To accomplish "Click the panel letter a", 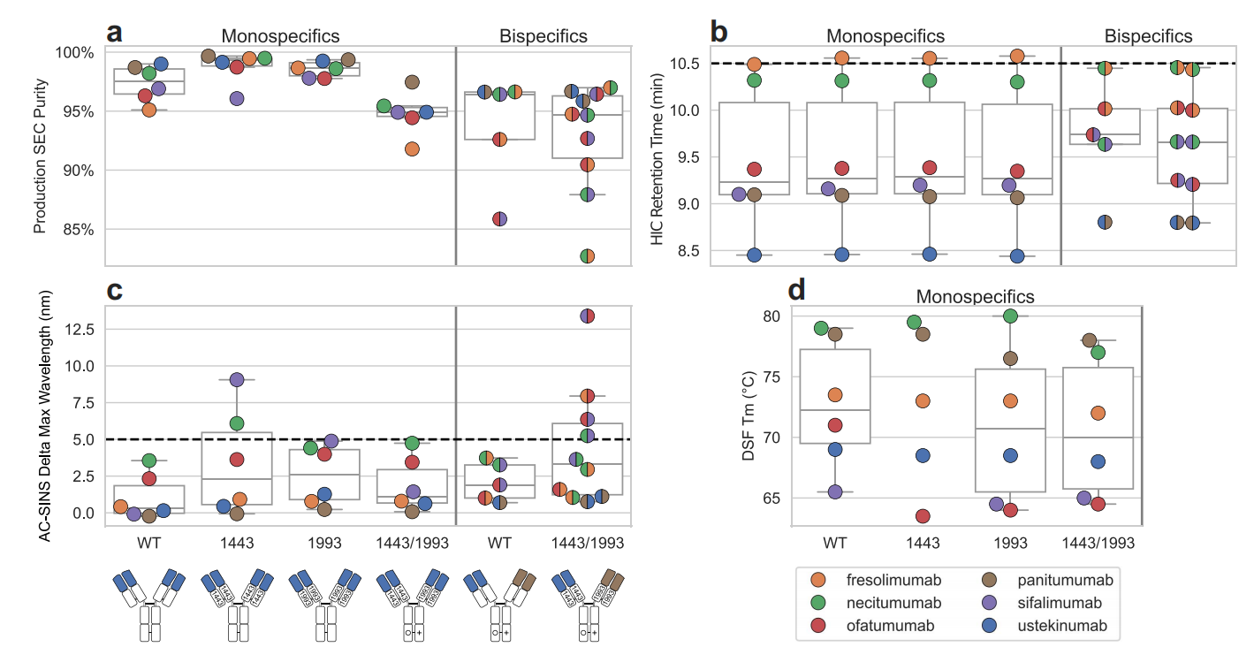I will point(114,34).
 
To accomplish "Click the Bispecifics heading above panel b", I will point(1148,36).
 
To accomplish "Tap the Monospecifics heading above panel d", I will point(975,296).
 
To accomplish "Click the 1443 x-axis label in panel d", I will point(922,540).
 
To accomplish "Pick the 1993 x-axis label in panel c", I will point(323,540).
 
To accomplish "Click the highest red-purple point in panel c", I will point(588,316).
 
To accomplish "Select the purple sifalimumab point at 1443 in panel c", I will point(237,379).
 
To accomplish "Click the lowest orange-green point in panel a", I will point(588,256).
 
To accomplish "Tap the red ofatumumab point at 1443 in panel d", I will point(923,516).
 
